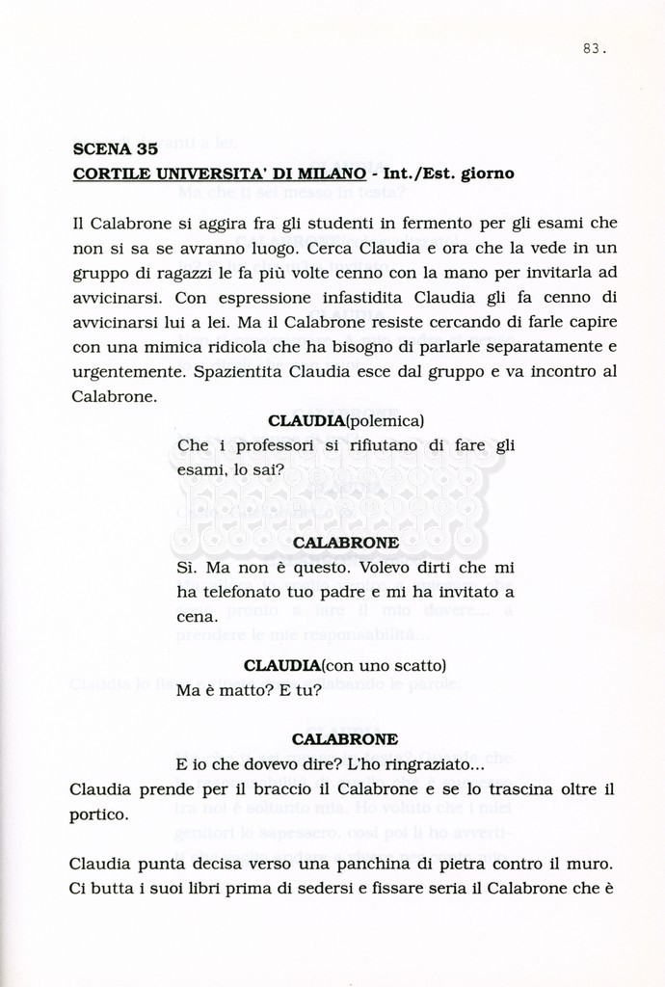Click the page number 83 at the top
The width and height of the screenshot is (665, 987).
(594, 49)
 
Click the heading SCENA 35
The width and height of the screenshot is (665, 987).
(115, 149)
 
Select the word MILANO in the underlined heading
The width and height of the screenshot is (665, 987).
(332, 173)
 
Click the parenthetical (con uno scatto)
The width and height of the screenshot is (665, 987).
(384, 666)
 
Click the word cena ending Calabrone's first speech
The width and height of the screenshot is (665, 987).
(197, 616)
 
